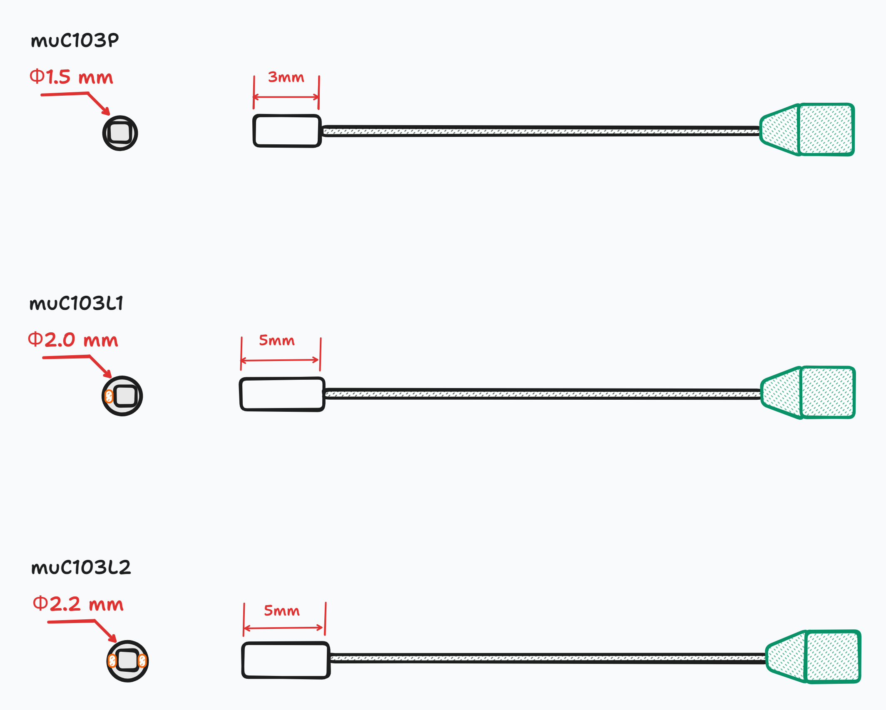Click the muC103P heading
pos(75,41)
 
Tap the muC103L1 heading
pos(77,303)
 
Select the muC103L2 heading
pos(81,567)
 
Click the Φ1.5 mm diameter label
pos(71,77)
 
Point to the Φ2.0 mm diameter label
pos(73,340)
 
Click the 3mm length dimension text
pos(286,77)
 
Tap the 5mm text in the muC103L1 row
pos(277,341)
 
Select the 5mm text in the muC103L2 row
pos(282,611)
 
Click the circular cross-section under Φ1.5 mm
pos(120,133)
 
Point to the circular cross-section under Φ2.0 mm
pos(122,396)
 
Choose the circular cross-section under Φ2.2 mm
pos(127,661)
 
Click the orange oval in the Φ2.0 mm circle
pos(109,396)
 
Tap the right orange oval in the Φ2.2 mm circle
pos(142,661)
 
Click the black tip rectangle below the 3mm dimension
pos(287,131)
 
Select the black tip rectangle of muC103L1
pos(282,394)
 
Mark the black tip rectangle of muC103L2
pos(286,661)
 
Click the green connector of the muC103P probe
pos(808,130)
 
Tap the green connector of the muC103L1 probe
pos(809,393)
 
